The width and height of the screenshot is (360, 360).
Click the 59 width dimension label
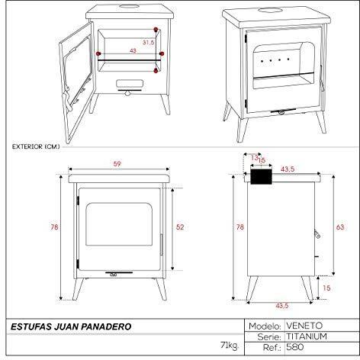pos(117,164)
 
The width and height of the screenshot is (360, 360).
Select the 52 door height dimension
pos(180,227)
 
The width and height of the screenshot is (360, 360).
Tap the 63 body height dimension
pos(340,227)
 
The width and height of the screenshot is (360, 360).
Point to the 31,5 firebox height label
pos(148,43)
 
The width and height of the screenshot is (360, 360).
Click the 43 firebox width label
pos(133,50)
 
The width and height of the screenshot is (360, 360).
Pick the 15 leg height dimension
pos(326,288)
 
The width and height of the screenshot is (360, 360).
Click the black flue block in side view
pos(262,176)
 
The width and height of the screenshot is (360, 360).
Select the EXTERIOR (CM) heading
pos(36,146)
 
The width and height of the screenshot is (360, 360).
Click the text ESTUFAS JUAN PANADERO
pos(71,326)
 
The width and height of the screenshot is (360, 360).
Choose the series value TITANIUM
pos(307,336)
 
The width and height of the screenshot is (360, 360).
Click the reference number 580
pos(295,347)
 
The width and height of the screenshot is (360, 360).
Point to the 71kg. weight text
pos(230,346)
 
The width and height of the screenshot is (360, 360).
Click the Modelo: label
pos(265,326)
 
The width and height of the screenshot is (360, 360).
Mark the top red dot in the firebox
pos(156,30)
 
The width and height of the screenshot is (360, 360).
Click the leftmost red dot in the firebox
pos(98,53)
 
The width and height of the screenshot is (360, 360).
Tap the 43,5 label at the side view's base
pos(282,306)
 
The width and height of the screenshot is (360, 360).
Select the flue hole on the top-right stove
pos(270,11)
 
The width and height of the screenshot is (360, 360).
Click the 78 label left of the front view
pos(54,227)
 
